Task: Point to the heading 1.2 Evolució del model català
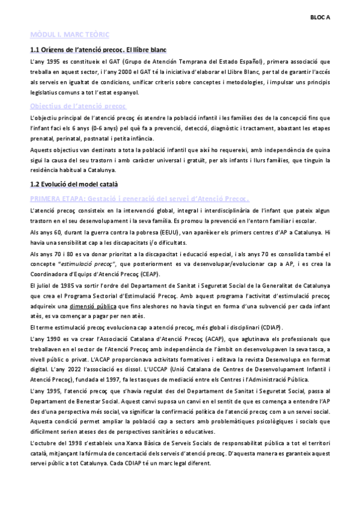pos(74,167)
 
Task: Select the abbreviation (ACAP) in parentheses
pos(189,339)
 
